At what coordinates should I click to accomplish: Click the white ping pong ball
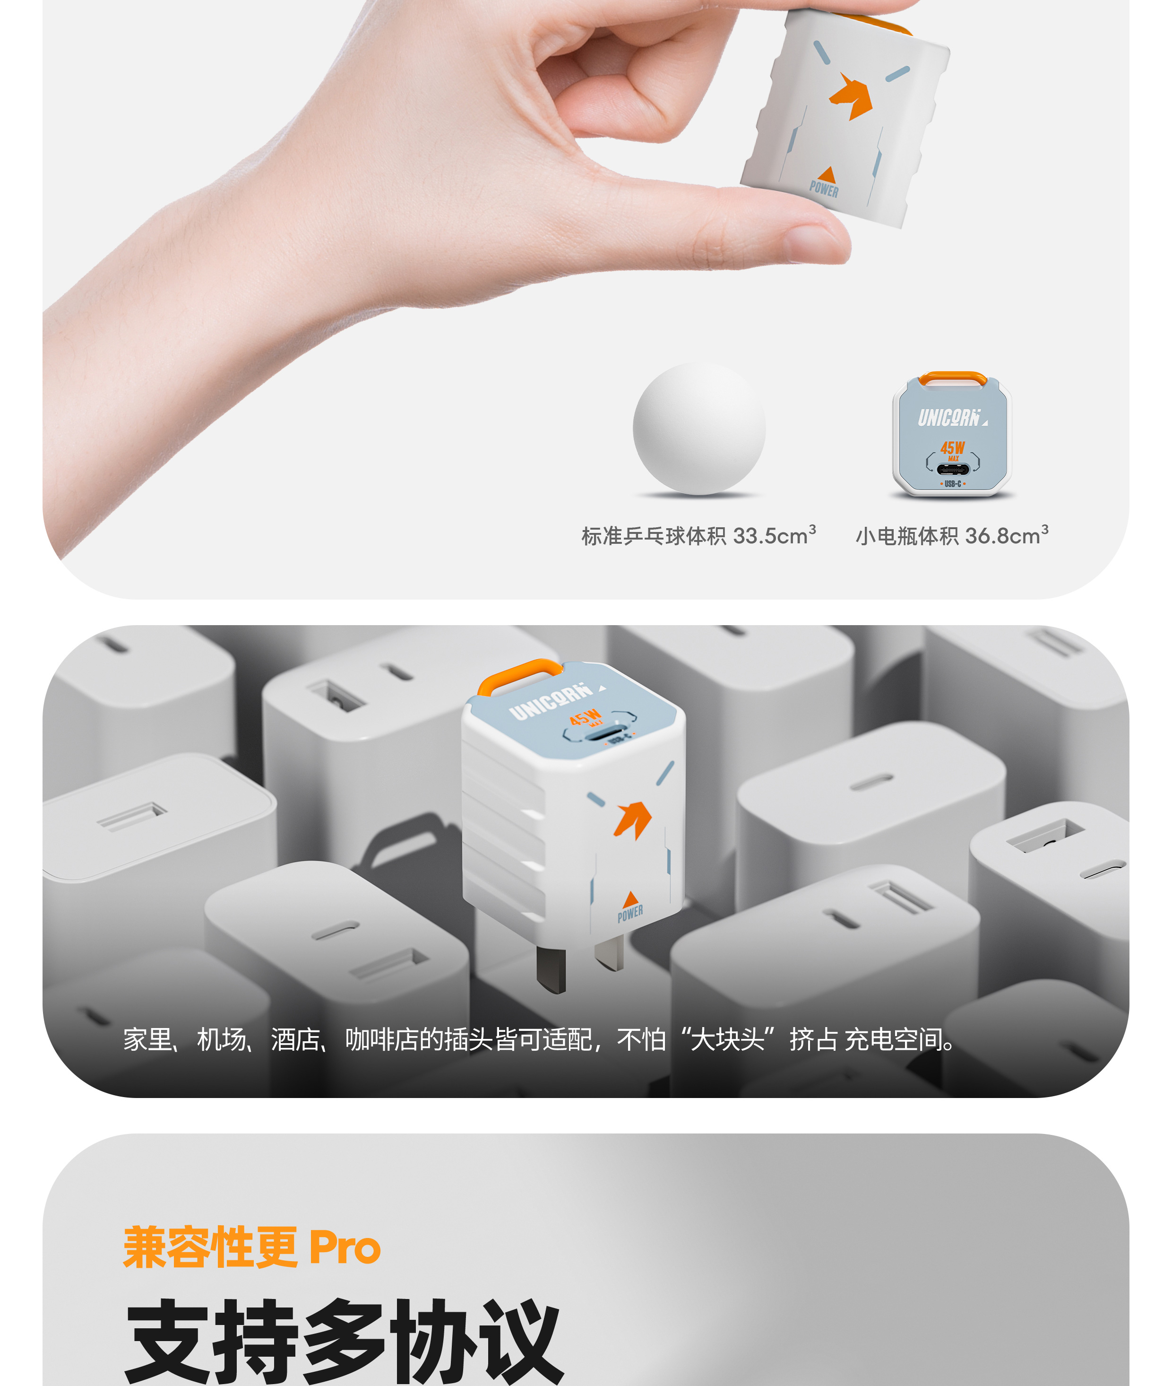[x=699, y=428]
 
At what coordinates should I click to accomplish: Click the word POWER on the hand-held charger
[x=824, y=189]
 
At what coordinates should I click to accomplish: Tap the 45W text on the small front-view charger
[x=952, y=448]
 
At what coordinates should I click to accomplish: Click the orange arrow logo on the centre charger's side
[x=632, y=819]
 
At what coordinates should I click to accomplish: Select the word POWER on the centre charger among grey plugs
[x=630, y=914]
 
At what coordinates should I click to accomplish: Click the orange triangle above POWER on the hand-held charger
[x=827, y=174]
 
